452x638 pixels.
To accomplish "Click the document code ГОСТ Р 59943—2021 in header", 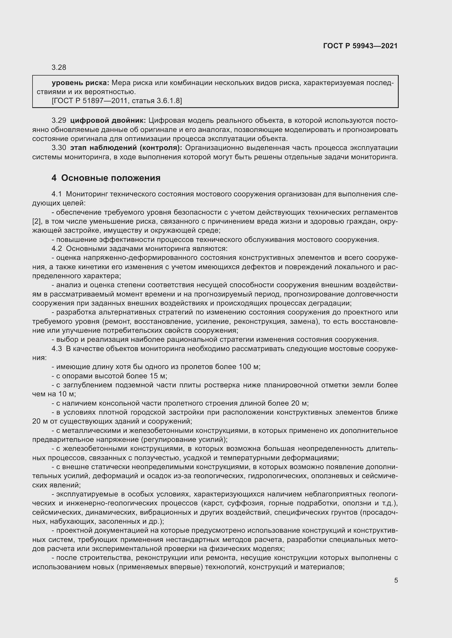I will [360, 46].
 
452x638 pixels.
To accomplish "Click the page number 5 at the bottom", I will [396, 580].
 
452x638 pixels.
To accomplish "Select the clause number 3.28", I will [59, 68].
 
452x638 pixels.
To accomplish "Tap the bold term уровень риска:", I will [80, 83].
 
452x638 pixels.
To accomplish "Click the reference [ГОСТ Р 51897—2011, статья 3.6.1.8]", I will [117, 101].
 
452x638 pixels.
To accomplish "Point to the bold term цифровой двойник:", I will [108, 121].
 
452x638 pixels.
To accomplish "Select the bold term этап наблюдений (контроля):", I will [126, 148].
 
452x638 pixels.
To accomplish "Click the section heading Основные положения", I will [111, 178].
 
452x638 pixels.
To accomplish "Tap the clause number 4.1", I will [57, 194].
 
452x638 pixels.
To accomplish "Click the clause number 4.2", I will [57, 248].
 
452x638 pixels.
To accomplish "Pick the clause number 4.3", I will [57, 349].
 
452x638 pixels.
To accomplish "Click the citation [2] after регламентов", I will [36, 221].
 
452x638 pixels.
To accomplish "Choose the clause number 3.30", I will [59, 148].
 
